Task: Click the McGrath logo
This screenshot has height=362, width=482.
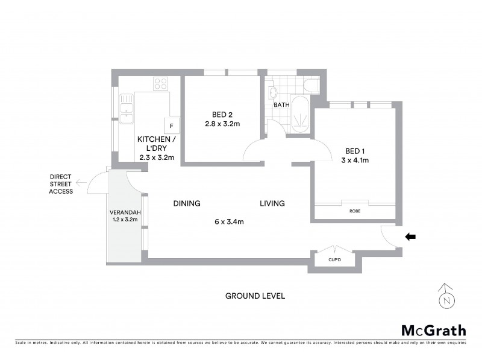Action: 433,330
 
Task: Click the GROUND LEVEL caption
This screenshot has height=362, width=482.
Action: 255,296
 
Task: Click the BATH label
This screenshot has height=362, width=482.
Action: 281,105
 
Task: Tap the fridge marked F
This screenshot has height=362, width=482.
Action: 172,125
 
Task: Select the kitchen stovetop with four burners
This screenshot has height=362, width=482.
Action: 160,84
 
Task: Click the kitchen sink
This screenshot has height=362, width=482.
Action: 127,109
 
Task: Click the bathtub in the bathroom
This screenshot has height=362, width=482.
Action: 299,113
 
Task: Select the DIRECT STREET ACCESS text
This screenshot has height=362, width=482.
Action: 61,184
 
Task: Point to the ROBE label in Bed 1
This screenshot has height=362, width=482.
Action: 354,212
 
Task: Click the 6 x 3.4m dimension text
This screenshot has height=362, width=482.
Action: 229,221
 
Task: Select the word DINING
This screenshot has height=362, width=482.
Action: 186,203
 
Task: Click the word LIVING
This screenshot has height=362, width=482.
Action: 272,203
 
